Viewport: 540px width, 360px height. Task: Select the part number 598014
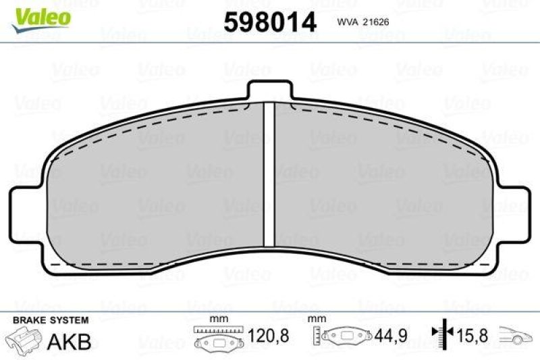(x=269, y=22)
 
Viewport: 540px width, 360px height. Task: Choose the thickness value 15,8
(x=470, y=335)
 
